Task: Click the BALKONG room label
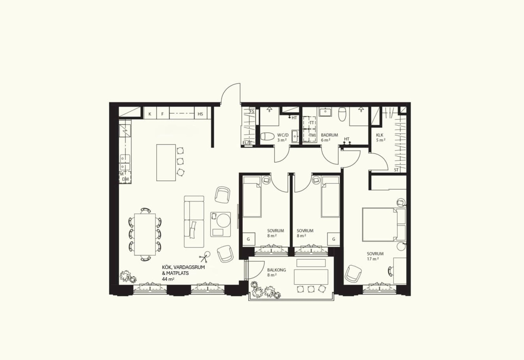(x=277, y=270)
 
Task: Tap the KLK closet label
(x=380, y=135)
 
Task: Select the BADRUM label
(x=330, y=135)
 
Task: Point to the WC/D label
(x=283, y=135)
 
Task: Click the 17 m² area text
(x=373, y=259)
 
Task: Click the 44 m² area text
(x=168, y=279)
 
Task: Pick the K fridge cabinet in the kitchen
(x=150, y=113)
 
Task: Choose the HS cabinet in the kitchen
(x=201, y=113)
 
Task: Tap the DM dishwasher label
(x=125, y=179)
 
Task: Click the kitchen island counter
(x=166, y=163)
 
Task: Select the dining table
(x=145, y=234)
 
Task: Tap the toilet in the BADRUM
(x=342, y=114)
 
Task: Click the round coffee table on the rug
(x=224, y=221)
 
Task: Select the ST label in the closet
(x=396, y=170)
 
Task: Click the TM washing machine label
(x=312, y=135)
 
